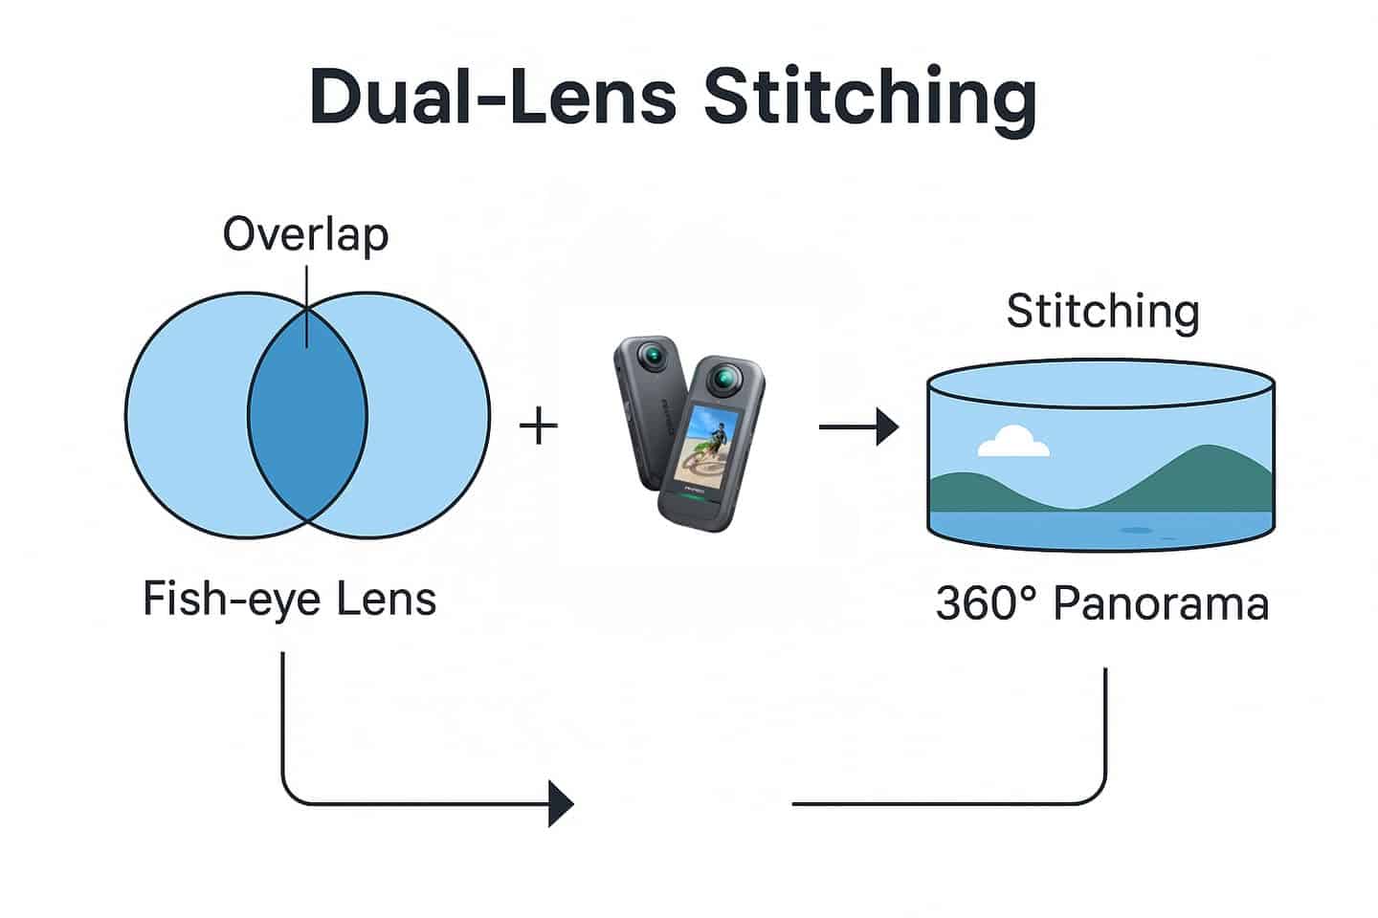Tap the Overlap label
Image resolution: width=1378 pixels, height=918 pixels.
(305, 234)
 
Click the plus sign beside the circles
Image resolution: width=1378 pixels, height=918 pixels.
(538, 426)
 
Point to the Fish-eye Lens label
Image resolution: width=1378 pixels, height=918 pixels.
(289, 600)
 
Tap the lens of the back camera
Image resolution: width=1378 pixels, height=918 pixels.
(654, 357)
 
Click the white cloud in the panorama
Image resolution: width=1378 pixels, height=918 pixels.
(1013, 442)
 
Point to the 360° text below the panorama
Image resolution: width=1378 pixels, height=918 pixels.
(986, 603)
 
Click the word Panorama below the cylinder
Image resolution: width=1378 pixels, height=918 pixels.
(1161, 603)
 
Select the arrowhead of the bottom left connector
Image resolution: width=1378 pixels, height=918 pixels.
(561, 803)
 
